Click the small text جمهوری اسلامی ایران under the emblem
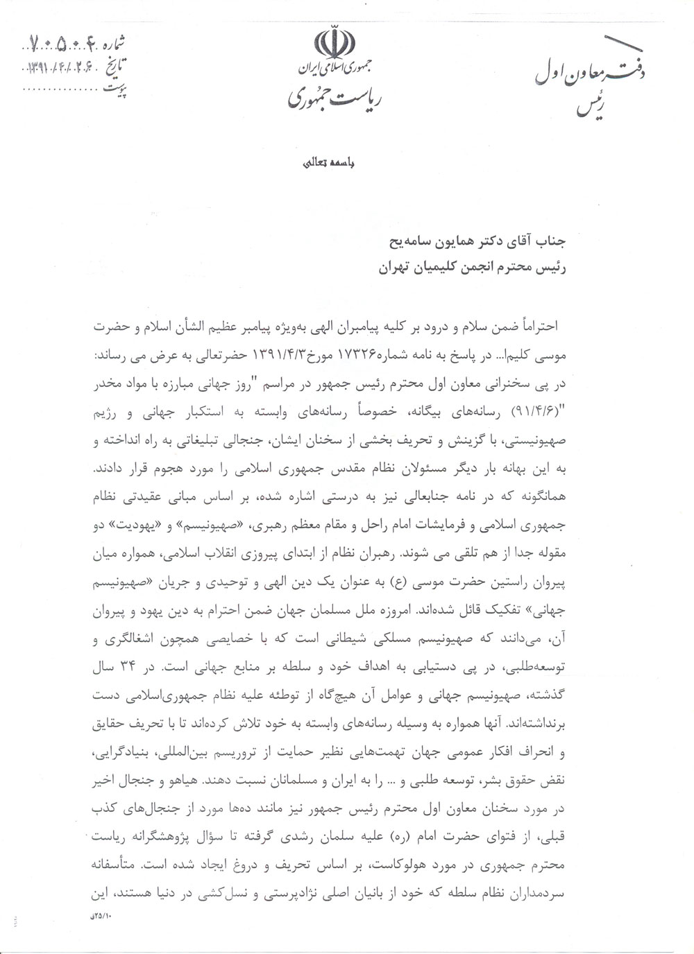[x=337, y=69]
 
